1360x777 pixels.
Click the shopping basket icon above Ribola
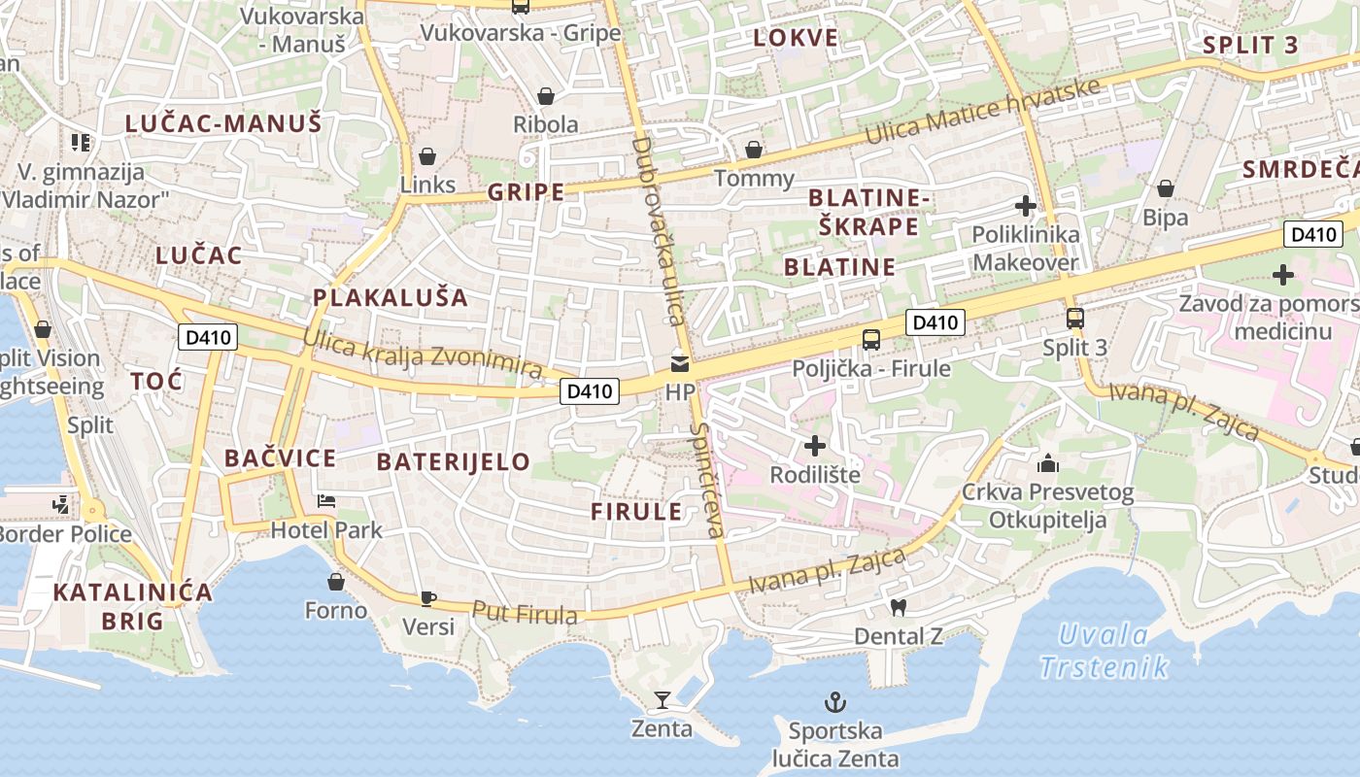(x=546, y=96)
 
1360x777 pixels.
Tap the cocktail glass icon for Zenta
(x=662, y=700)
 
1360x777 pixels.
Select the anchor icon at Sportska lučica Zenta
(x=834, y=701)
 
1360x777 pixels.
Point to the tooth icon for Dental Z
(x=898, y=607)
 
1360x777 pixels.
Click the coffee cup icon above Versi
(x=428, y=598)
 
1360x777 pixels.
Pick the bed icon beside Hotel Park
(x=326, y=501)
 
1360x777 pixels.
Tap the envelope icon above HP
(x=680, y=364)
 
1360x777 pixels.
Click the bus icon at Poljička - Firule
(x=871, y=339)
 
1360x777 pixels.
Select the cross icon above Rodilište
(x=815, y=446)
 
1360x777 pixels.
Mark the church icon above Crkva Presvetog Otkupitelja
(x=1047, y=462)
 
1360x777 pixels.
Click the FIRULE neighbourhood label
(x=636, y=512)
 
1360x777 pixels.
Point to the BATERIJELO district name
(x=454, y=461)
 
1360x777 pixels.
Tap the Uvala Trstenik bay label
(x=1104, y=651)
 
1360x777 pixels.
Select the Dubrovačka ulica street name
(x=658, y=231)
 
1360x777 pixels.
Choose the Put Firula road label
(x=525, y=613)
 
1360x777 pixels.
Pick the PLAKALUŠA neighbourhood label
(x=391, y=297)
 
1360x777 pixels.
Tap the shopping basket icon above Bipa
(x=1165, y=188)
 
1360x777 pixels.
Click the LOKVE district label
(x=795, y=38)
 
